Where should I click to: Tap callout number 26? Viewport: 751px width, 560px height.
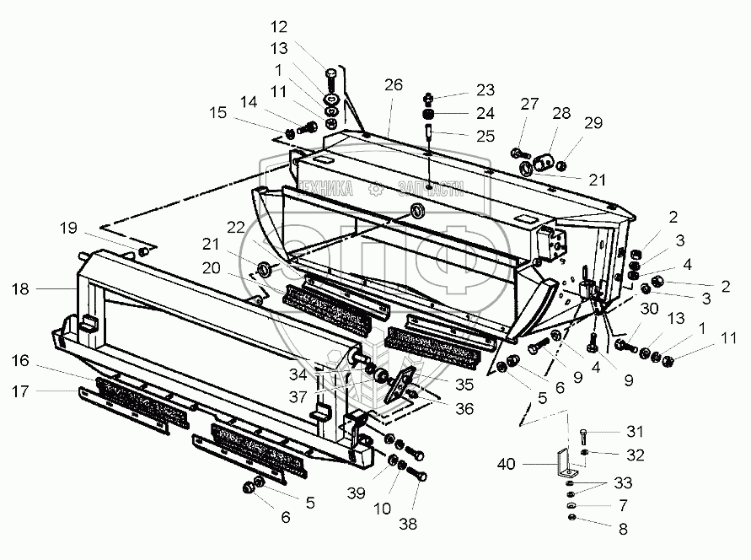(x=394, y=84)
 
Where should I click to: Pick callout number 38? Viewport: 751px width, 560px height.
(x=408, y=524)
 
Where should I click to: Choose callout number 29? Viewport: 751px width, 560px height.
(x=593, y=124)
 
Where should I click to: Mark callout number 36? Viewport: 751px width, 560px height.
(x=464, y=409)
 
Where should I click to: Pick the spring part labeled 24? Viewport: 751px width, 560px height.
(x=429, y=114)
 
